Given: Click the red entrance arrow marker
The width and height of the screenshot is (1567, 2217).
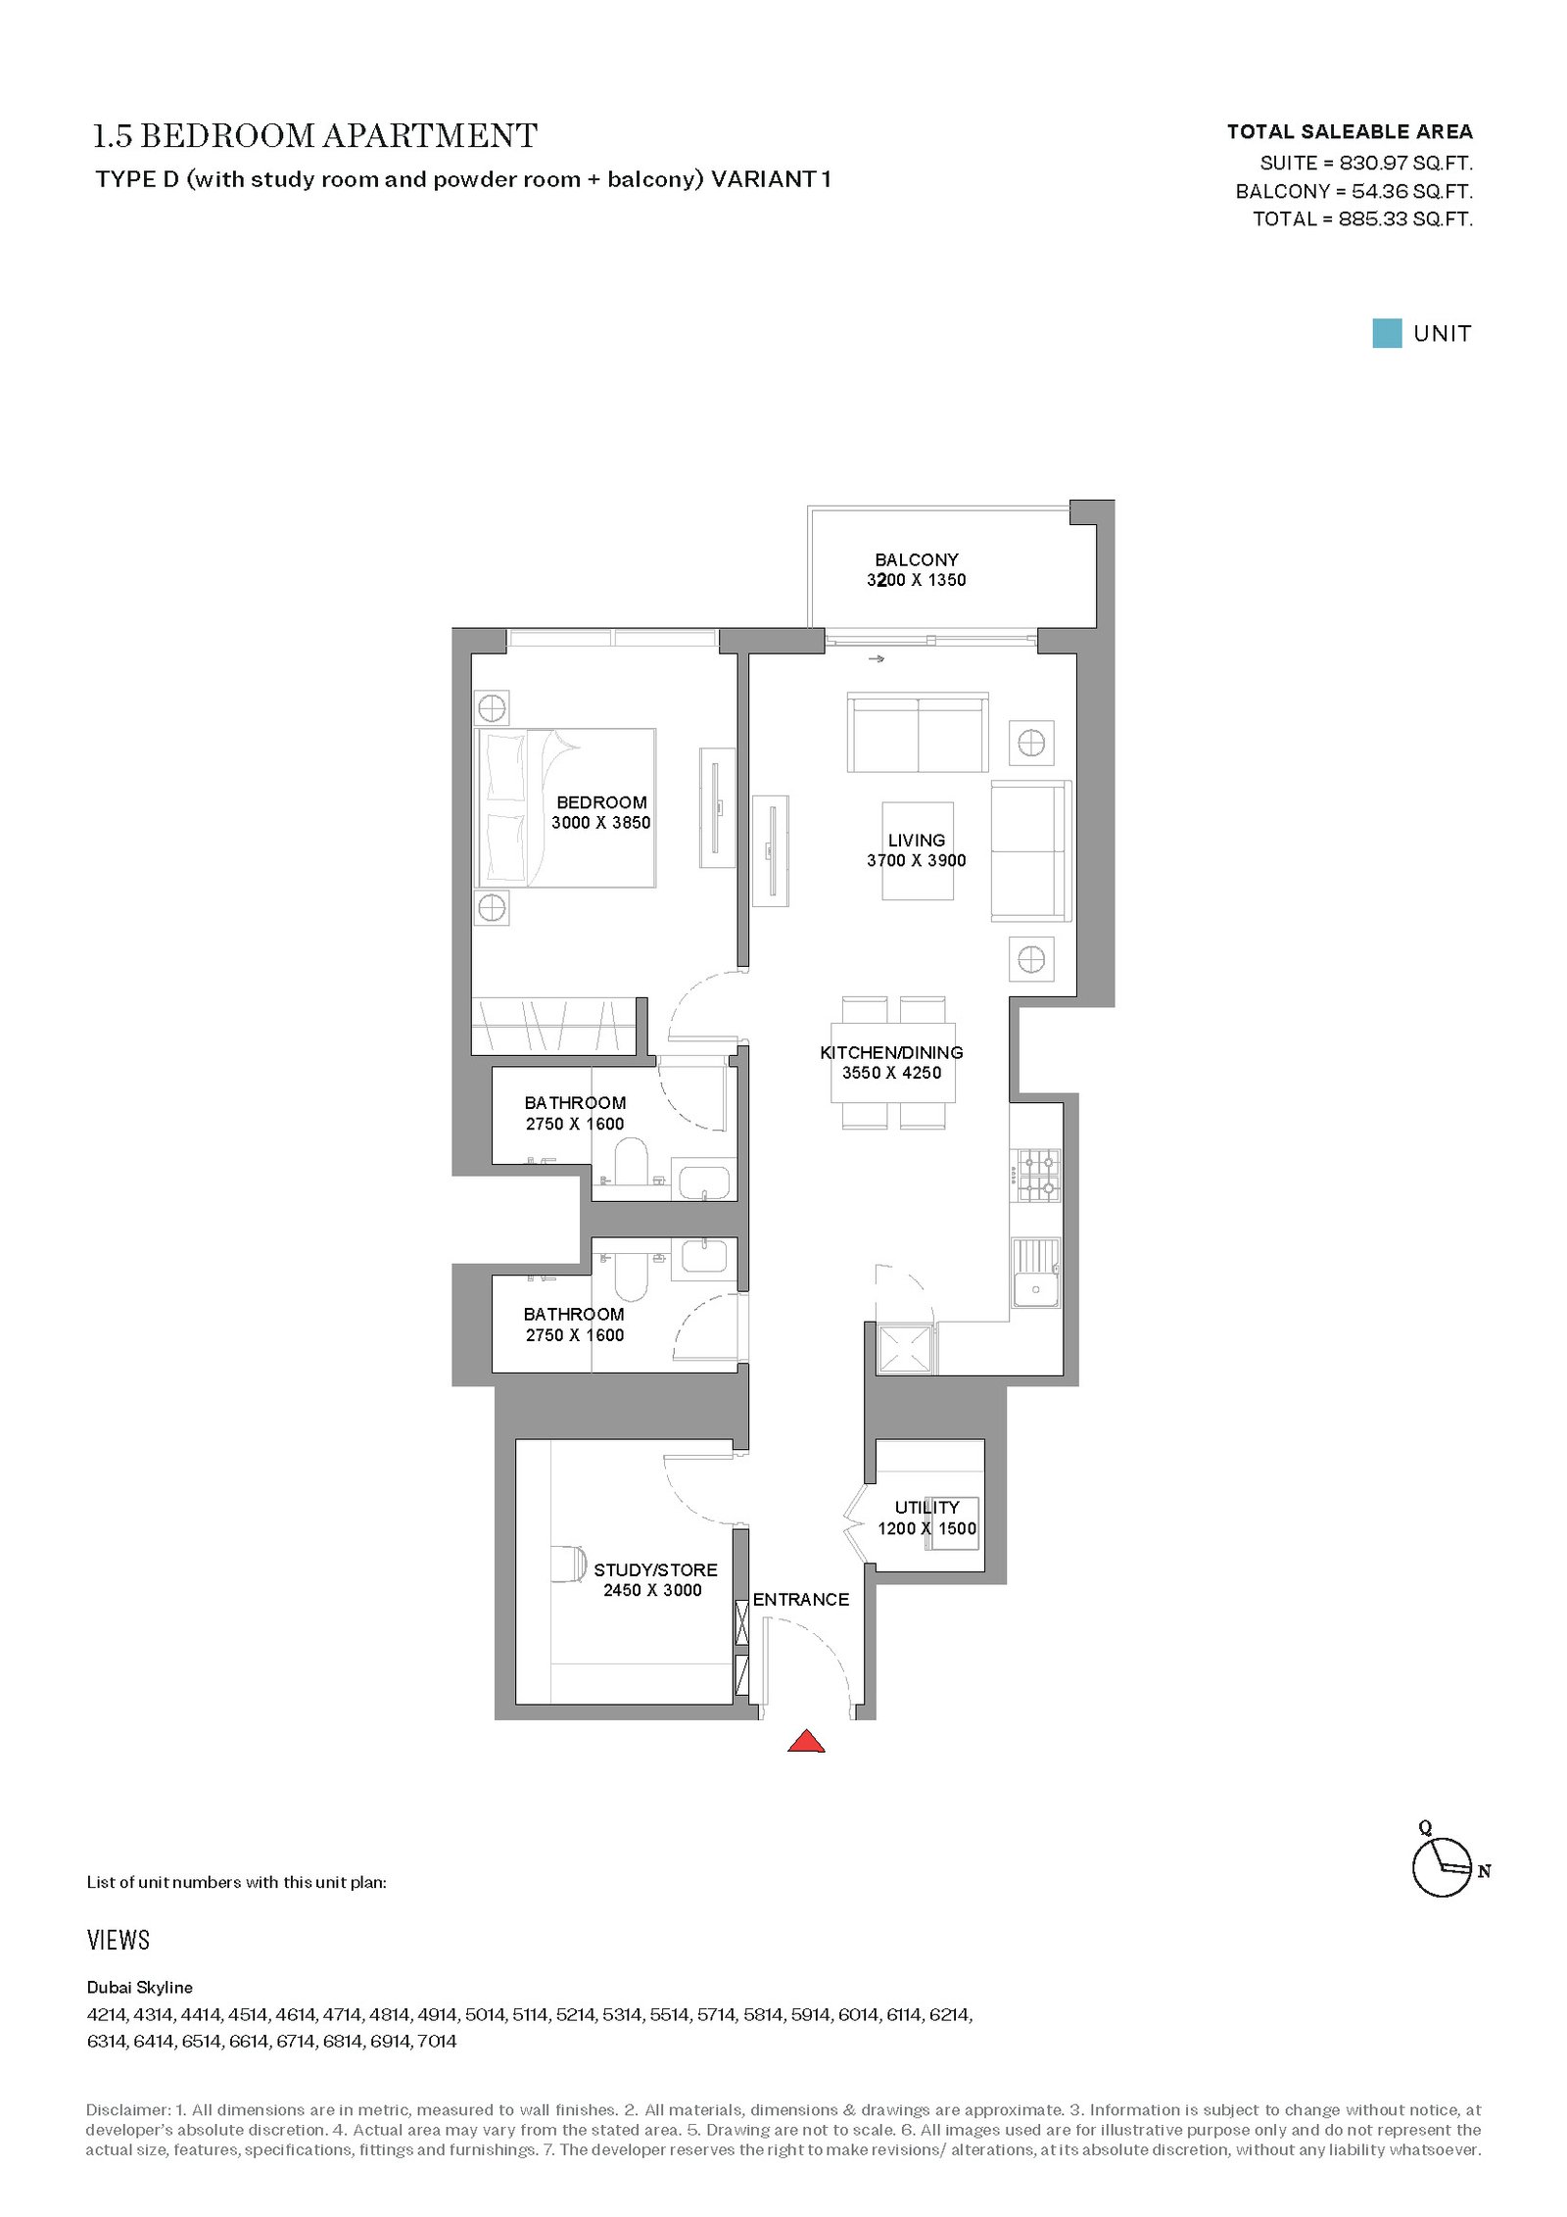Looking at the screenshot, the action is click(x=806, y=1741).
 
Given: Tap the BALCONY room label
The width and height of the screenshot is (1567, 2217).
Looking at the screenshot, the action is click(x=917, y=560).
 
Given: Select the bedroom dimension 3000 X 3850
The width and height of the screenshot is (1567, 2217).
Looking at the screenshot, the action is click(x=601, y=823).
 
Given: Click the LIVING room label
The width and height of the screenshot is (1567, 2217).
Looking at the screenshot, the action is click(x=917, y=841).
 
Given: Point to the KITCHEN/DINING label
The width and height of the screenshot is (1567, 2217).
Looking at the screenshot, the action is click(x=891, y=1052).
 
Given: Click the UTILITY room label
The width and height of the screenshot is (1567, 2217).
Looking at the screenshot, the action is click(x=926, y=1507).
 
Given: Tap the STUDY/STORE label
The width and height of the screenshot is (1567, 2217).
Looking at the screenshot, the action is click(x=655, y=1569).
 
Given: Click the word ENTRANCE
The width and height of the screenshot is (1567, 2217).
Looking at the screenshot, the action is click(x=801, y=1599).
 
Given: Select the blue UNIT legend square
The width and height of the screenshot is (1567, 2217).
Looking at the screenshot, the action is click(x=1387, y=333).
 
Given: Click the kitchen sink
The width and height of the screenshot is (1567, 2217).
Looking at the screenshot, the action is click(x=1036, y=1274).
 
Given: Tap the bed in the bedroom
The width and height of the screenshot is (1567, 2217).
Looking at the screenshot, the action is click(x=566, y=808).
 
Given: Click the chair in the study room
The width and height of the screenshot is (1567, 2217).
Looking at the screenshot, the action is click(x=568, y=1564).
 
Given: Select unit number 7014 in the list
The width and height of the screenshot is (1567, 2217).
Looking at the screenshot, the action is click(x=437, y=2042).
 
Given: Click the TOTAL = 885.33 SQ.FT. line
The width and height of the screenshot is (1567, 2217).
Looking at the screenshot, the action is click(x=1362, y=219).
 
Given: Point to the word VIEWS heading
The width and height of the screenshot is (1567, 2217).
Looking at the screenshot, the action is click(x=119, y=1941).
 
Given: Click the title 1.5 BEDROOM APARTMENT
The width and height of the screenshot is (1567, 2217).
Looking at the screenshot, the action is click(x=315, y=136).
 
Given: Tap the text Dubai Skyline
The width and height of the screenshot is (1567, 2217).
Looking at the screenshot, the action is click(x=140, y=1988).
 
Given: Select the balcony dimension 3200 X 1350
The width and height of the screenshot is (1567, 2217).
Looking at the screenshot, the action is click(x=917, y=580).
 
